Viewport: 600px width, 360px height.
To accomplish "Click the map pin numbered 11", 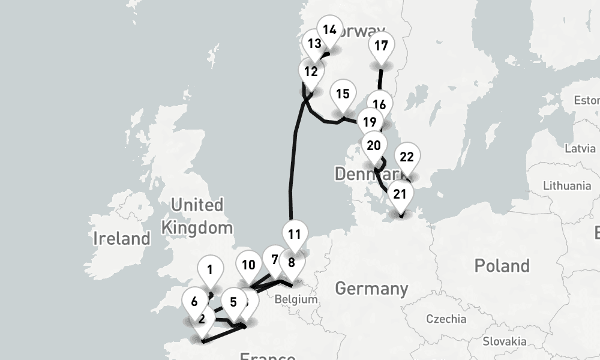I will click(x=294, y=234).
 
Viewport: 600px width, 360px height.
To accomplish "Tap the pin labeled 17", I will click(x=381, y=46).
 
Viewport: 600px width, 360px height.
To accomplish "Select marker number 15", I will click(x=343, y=94).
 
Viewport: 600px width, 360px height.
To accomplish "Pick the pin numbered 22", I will click(x=407, y=157).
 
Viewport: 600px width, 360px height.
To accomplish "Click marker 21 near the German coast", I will click(x=400, y=194).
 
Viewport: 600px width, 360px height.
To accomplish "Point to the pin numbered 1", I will click(x=210, y=269).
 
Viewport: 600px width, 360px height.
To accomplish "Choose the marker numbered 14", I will click(x=329, y=29).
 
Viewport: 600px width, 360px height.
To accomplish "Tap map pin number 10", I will click(x=248, y=265).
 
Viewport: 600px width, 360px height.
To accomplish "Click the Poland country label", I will click(x=502, y=265).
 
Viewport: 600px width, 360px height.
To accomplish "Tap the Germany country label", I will click(x=371, y=289).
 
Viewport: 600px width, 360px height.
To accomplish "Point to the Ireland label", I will click(x=121, y=238).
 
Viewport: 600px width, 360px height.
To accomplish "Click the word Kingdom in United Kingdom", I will click(x=197, y=227).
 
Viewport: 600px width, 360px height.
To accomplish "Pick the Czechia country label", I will click(x=446, y=318).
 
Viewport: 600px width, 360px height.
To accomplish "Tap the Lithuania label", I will click(x=567, y=185).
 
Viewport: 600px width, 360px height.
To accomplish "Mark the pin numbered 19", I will click(x=370, y=122).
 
